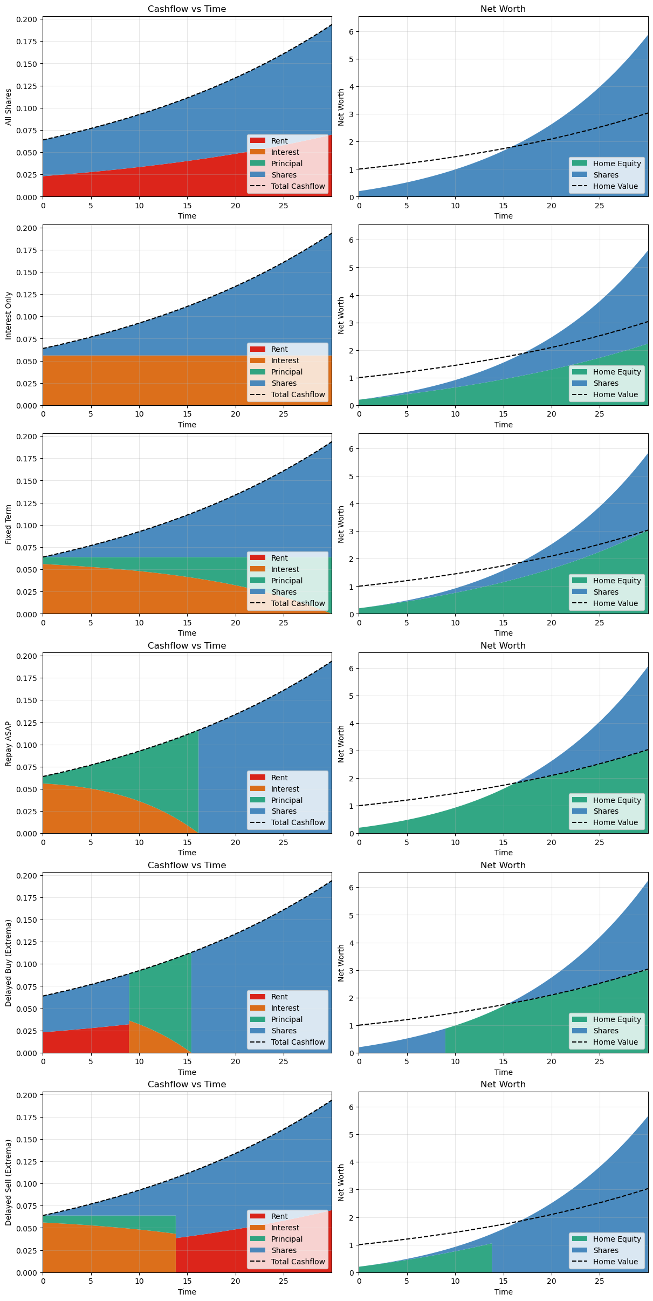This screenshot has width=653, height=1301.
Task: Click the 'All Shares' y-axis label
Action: pyautogui.click(x=9, y=107)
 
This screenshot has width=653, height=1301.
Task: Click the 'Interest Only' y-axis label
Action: pyautogui.click(x=9, y=316)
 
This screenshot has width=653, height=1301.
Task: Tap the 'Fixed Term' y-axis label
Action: pyautogui.click(x=9, y=524)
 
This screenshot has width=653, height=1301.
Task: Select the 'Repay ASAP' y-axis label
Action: pyautogui.click(x=9, y=744)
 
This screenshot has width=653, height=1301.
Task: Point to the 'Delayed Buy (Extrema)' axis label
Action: pyautogui.click(x=9, y=963)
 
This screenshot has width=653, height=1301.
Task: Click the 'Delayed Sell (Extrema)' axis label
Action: pyautogui.click(x=9, y=1182)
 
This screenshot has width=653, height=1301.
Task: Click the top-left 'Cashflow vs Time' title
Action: pyautogui.click(x=187, y=9)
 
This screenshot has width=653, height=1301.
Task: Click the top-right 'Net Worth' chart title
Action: pyautogui.click(x=503, y=9)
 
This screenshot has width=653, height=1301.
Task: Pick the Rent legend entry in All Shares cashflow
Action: pyautogui.click(x=279, y=141)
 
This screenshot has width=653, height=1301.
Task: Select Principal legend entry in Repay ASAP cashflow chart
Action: pyautogui.click(x=286, y=800)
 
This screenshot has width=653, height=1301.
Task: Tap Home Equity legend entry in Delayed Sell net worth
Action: pyautogui.click(x=616, y=1239)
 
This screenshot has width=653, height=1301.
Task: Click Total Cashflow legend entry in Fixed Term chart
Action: pyautogui.click(x=298, y=603)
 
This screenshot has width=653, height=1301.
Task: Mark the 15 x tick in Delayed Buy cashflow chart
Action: pyautogui.click(x=187, y=1061)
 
